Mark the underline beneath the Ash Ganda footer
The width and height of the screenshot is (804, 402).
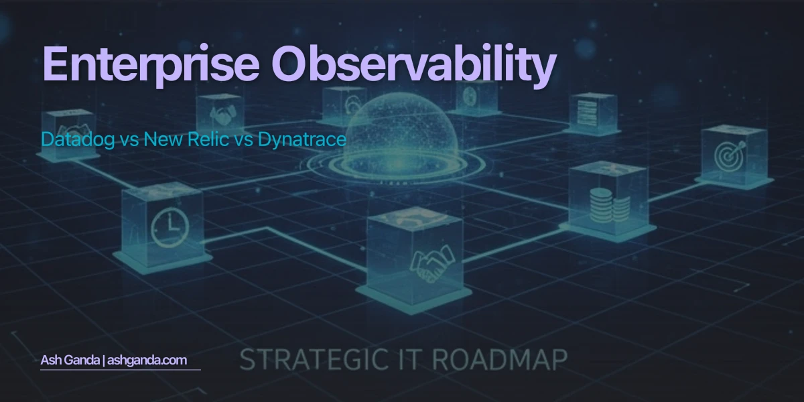(x=121, y=369)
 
